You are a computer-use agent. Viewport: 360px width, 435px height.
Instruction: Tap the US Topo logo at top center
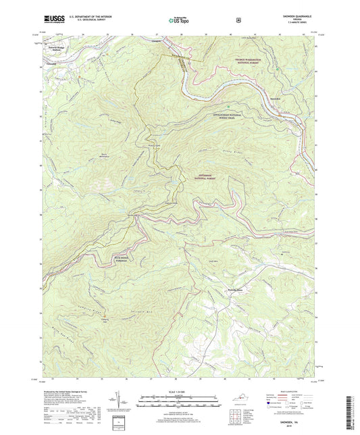(x=179, y=21)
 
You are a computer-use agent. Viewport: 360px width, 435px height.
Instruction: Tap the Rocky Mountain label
(x=103, y=154)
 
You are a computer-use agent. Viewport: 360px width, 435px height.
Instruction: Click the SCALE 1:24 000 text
(x=179, y=392)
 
